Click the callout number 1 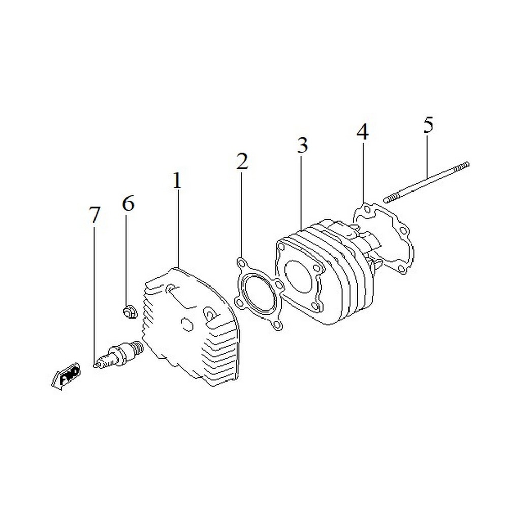pyautogui.click(x=177, y=180)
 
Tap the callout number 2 pyautogui.click(x=242, y=161)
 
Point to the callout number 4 pyautogui.click(x=363, y=132)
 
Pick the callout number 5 pyautogui.click(x=428, y=125)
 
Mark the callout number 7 pyautogui.click(x=94, y=214)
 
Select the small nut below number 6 pyautogui.click(x=130, y=312)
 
